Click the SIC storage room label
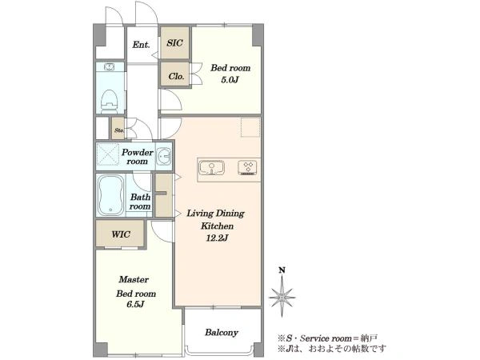pos(174,43)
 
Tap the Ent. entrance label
pos(141,45)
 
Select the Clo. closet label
pos(176,76)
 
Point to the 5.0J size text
pos(230,80)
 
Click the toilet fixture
pos(110,100)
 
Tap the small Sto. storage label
pos(119,130)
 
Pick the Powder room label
pos(138,157)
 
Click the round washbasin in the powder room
pos(163,157)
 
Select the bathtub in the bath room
pos(111,195)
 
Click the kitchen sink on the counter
pos(211,167)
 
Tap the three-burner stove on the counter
pos(246,168)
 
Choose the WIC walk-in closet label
pos(121,234)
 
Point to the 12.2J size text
pos(217,238)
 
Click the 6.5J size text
pos(135,304)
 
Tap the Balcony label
pos(222,333)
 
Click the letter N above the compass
pos(282,270)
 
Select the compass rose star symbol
pos(282,297)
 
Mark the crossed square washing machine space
pos(107,154)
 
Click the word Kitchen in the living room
pos(217,226)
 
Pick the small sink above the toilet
pos(110,66)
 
